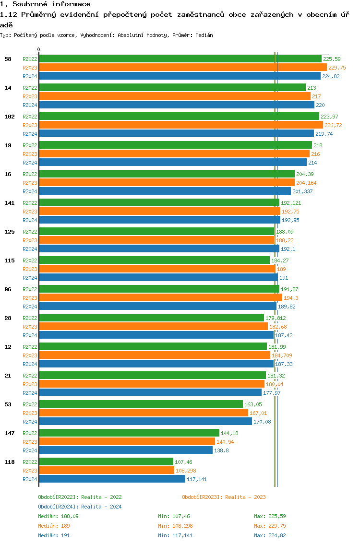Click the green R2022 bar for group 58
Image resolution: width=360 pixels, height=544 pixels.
click(x=180, y=59)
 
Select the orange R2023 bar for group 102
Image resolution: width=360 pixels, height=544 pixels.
click(x=181, y=125)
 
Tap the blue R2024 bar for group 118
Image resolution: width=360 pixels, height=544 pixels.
click(x=112, y=479)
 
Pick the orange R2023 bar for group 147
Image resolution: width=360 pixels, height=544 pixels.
click(x=127, y=441)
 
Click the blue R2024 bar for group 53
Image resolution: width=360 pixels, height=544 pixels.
click(x=145, y=421)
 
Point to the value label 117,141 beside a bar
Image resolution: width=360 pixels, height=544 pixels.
click(x=197, y=479)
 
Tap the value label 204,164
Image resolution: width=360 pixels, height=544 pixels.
click(x=306, y=183)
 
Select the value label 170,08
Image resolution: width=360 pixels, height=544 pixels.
click(x=262, y=422)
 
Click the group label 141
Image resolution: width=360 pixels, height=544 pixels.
click(x=10, y=203)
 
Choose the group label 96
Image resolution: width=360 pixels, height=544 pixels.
click(x=8, y=289)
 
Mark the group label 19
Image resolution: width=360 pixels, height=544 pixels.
click(x=8, y=145)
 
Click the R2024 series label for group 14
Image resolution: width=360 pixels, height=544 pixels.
click(x=30, y=105)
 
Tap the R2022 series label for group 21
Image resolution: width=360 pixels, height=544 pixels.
click(x=30, y=376)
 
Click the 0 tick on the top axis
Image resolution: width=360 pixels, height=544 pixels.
click(x=39, y=49)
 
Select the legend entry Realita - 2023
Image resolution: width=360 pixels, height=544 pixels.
click(x=224, y=497)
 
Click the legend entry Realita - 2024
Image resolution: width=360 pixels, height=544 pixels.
click(x=80, y=507)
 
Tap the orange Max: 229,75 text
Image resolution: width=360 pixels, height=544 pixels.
click(x=271, y=526)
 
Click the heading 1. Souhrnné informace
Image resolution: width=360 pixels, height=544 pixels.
click(x=45, y=4)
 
